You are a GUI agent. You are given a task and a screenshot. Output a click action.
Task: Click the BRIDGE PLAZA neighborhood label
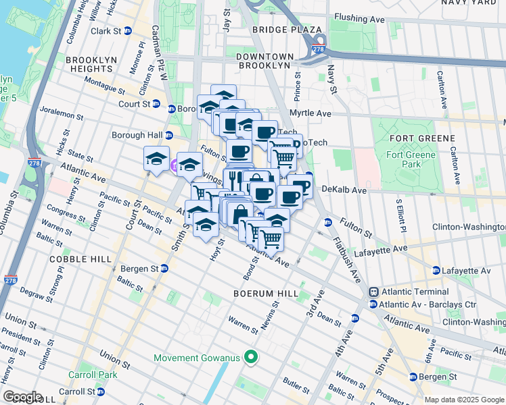click(287, 30)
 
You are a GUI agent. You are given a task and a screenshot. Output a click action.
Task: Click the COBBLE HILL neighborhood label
click(70, 259)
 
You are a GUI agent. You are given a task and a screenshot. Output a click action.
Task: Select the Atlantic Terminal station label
click(406, 292)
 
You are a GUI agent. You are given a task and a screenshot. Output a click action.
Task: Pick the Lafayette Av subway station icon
click(436, 270)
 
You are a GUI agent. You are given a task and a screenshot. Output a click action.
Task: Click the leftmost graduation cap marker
click(156, 159)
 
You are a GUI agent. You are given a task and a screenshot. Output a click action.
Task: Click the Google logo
click(22, 397)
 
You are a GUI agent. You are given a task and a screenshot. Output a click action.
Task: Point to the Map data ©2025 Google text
click(463, 400)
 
